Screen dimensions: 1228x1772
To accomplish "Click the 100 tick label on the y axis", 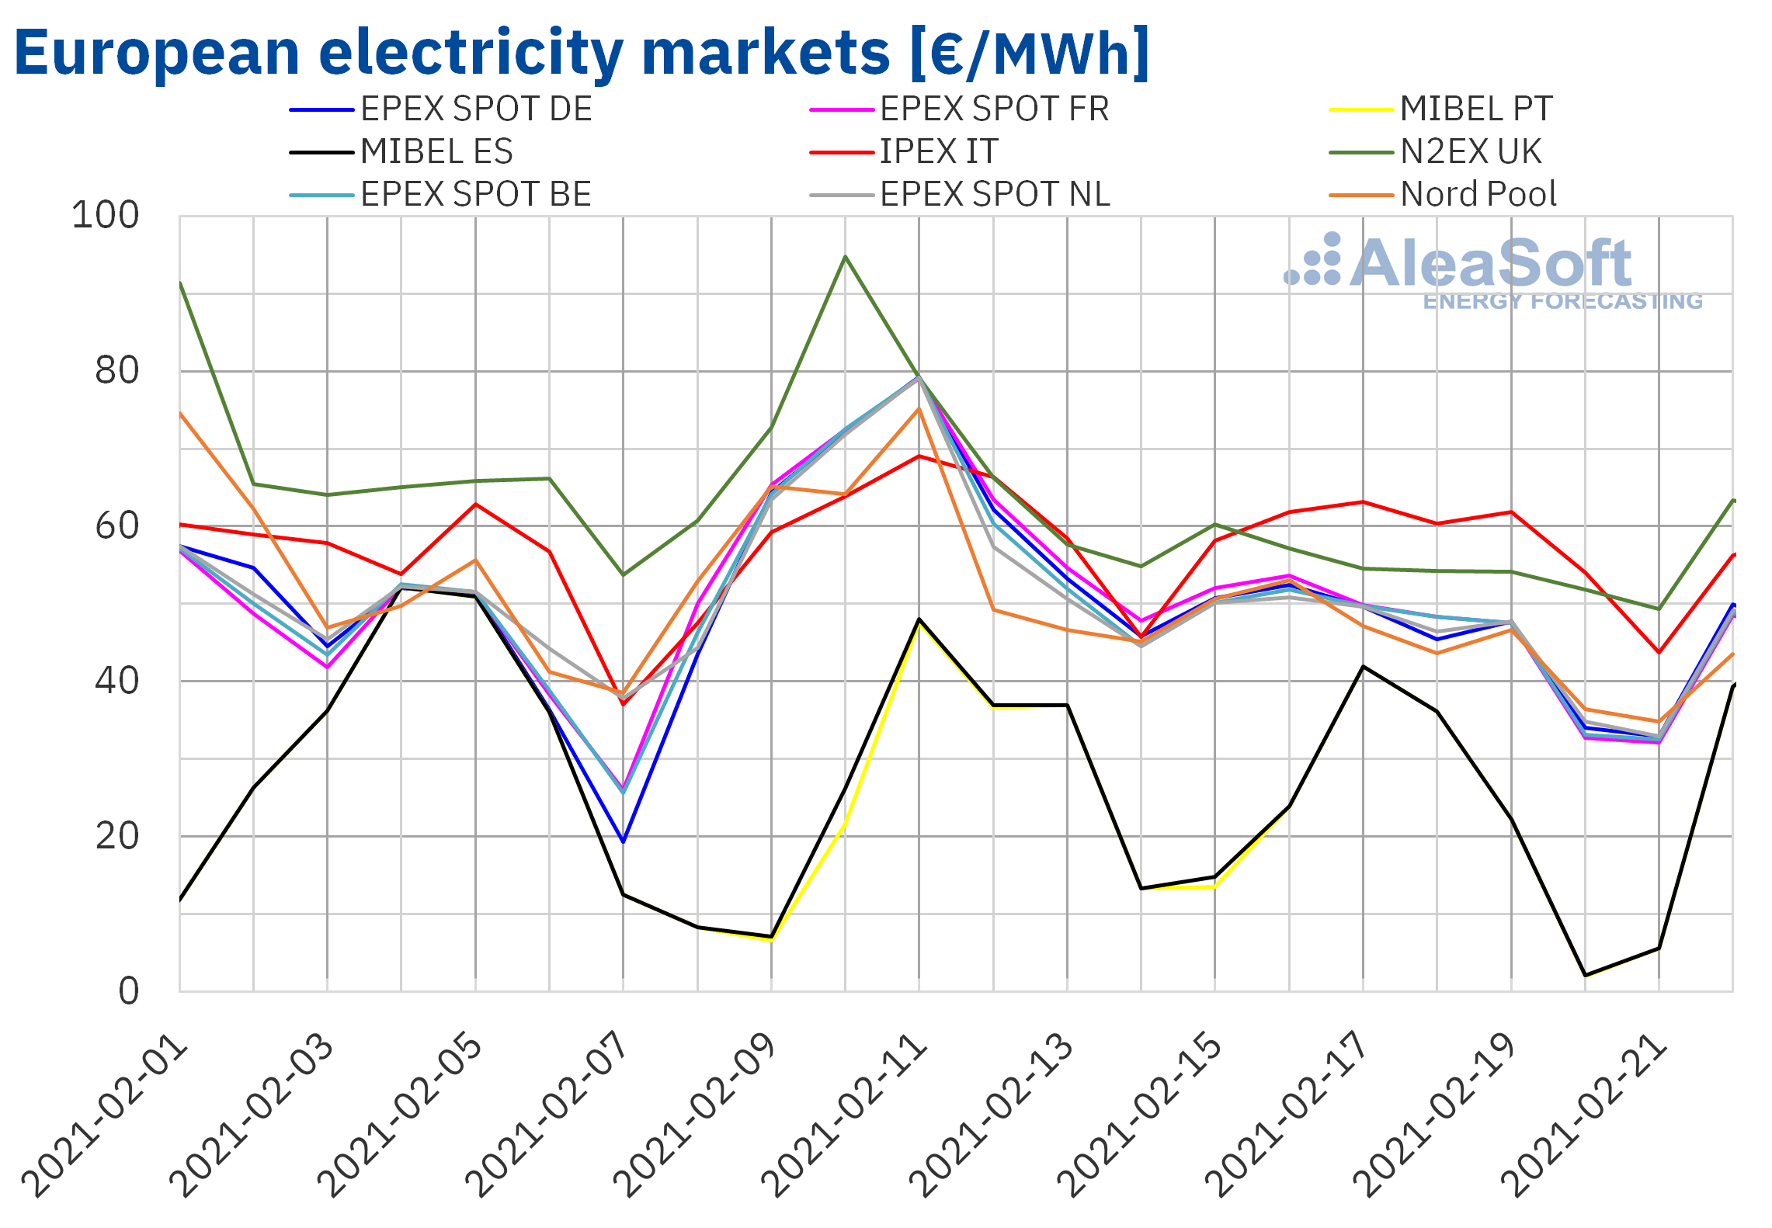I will tap(106, 216).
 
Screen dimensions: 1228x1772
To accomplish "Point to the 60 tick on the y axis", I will tap(117, 526).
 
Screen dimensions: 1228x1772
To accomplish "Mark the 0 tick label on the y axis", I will tap(129, 991).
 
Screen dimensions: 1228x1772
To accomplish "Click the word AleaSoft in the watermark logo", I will tap(1491, 264).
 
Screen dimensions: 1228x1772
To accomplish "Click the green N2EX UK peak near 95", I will tap(845, 256).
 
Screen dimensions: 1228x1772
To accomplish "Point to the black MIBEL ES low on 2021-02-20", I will tap(1585, 975).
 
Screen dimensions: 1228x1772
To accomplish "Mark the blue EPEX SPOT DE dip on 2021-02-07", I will tap(623, 841).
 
